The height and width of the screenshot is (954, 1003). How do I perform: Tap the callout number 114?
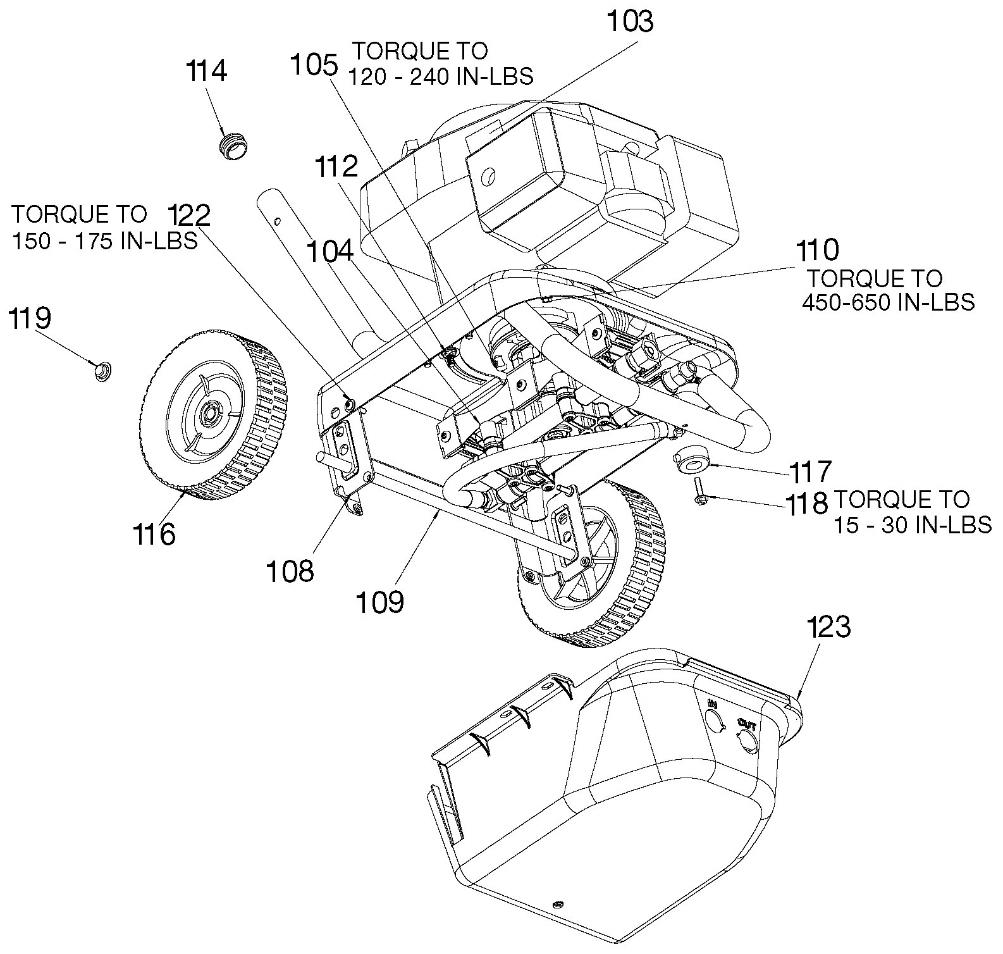[206, 71]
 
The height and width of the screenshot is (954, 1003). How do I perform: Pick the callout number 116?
[154, 535]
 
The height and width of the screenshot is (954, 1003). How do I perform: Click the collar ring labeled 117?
[689, 462]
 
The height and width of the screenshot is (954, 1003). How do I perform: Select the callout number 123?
[829, 628]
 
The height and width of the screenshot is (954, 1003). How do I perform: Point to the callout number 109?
[379, 602]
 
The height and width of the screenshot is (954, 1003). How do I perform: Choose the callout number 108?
[290, 572]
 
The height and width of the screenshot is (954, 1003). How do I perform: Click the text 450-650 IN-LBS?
[889, 302]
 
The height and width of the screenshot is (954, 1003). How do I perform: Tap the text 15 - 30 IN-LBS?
[912, 524]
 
